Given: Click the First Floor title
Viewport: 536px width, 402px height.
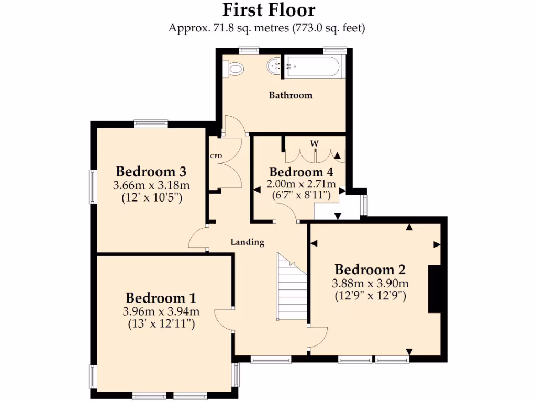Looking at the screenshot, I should [x=269, y=10].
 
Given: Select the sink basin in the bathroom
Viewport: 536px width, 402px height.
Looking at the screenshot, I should [x=273, y=66].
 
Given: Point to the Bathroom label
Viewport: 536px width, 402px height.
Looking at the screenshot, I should [x=291, y=95].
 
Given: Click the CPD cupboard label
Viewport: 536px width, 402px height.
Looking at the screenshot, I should [x=216, y=156].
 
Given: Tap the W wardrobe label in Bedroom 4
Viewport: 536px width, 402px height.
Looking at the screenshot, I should [x=314, y=143].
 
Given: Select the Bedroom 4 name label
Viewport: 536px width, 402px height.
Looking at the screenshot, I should [x=300, y=172].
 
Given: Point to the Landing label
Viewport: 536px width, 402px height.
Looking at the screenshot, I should [x=247, y=242].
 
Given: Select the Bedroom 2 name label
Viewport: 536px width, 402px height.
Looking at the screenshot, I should [x=370, y=270].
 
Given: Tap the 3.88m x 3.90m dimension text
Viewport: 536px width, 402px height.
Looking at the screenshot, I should [x=370, y=283].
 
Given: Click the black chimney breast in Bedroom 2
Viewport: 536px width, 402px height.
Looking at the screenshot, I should [x=434, y=289].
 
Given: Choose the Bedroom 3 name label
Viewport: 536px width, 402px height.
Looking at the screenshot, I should [x=151, y=172].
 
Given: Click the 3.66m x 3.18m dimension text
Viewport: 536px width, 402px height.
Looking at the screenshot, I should [x=151, y=185].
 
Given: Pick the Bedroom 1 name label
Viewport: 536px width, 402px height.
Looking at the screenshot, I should [x=161, y=298].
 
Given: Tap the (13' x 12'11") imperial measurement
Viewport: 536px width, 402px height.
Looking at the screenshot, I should [x=161, y=324].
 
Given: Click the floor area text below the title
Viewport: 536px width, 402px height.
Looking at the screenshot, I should [x=266, y=28].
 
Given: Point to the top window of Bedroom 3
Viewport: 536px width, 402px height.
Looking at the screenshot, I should [x=151, y=124].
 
